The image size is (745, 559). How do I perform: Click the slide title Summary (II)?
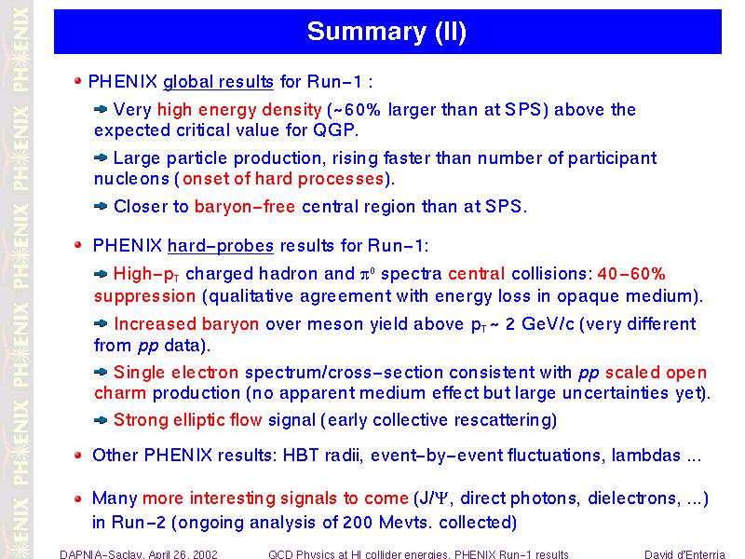point(386,32)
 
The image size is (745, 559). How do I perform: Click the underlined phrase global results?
point(218,82)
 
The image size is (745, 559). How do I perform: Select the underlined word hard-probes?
point(221,246)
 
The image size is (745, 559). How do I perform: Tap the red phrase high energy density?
point(239,110)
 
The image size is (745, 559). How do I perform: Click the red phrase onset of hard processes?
point(283,179)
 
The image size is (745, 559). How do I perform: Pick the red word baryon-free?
point(245,207)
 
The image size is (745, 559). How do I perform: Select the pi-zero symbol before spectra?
point(368,274)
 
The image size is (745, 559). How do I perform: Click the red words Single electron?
point(176,372)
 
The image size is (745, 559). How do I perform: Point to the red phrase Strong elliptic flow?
point(188,420)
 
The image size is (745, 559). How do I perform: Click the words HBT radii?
point(320,456)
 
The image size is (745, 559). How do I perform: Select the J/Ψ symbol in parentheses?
point(432,498)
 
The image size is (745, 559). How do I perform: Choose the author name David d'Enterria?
point(684,554)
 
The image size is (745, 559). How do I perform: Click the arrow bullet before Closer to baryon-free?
point(101,206)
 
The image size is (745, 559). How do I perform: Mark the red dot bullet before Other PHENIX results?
point(78,456)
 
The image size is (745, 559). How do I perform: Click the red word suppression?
point(144,296)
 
